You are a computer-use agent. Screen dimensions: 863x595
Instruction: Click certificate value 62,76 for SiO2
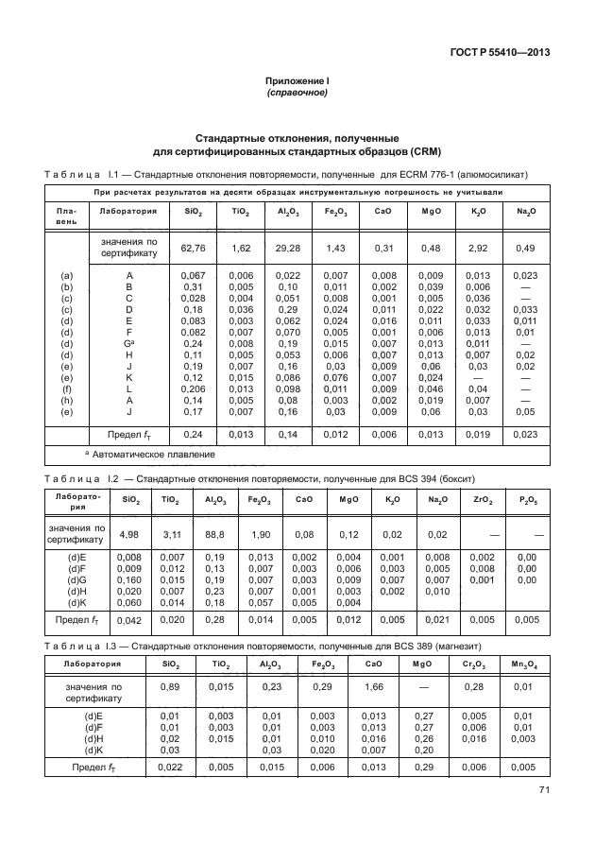[192, 249]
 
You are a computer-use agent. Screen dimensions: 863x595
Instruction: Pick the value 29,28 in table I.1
[289, 249]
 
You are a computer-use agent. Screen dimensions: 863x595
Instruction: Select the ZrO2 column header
[481, 501]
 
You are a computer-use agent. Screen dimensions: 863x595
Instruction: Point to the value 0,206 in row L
[192, 388]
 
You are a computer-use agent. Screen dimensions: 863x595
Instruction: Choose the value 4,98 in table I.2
[127, 534]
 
